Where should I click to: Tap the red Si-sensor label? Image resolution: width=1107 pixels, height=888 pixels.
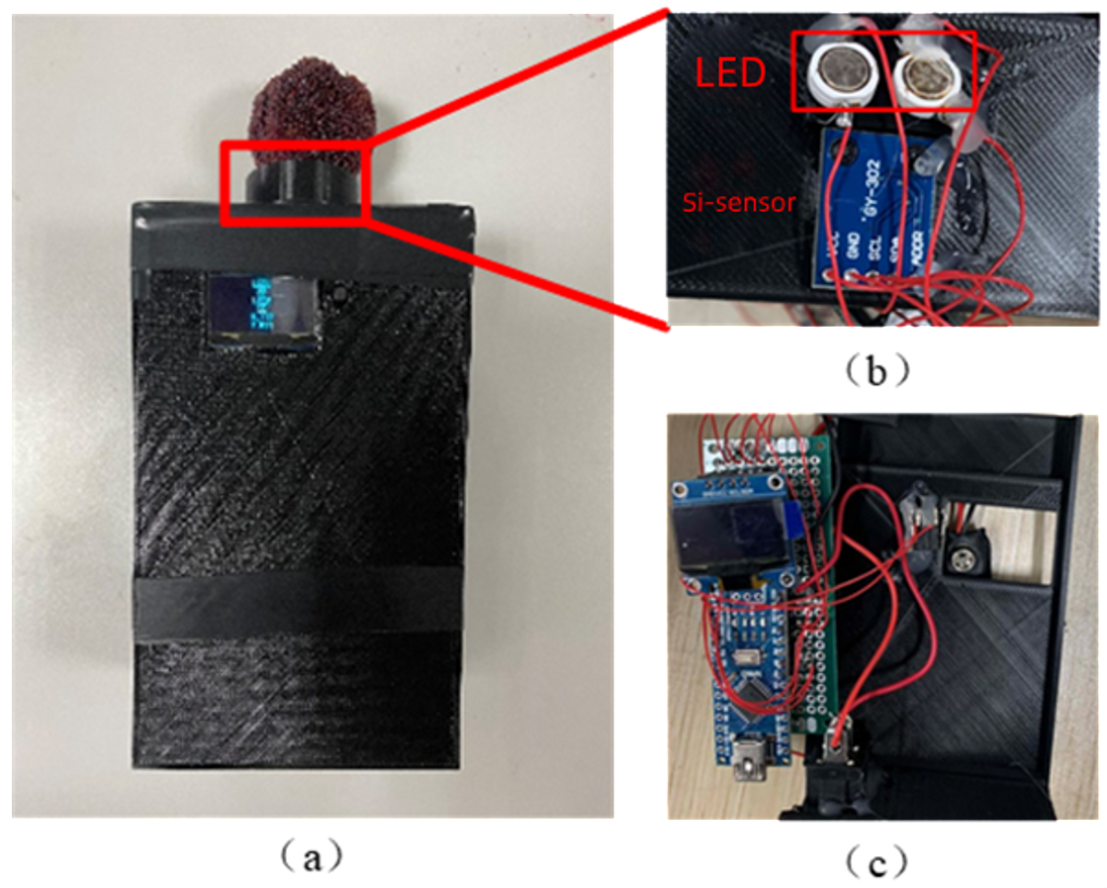pyautogui.click(x=740, y=202)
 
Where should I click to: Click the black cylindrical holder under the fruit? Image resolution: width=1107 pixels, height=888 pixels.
pyautogui.click(x=295, y=184)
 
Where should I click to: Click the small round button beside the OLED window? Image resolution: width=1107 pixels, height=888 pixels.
pyautogui.click(x=340, y=294)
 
